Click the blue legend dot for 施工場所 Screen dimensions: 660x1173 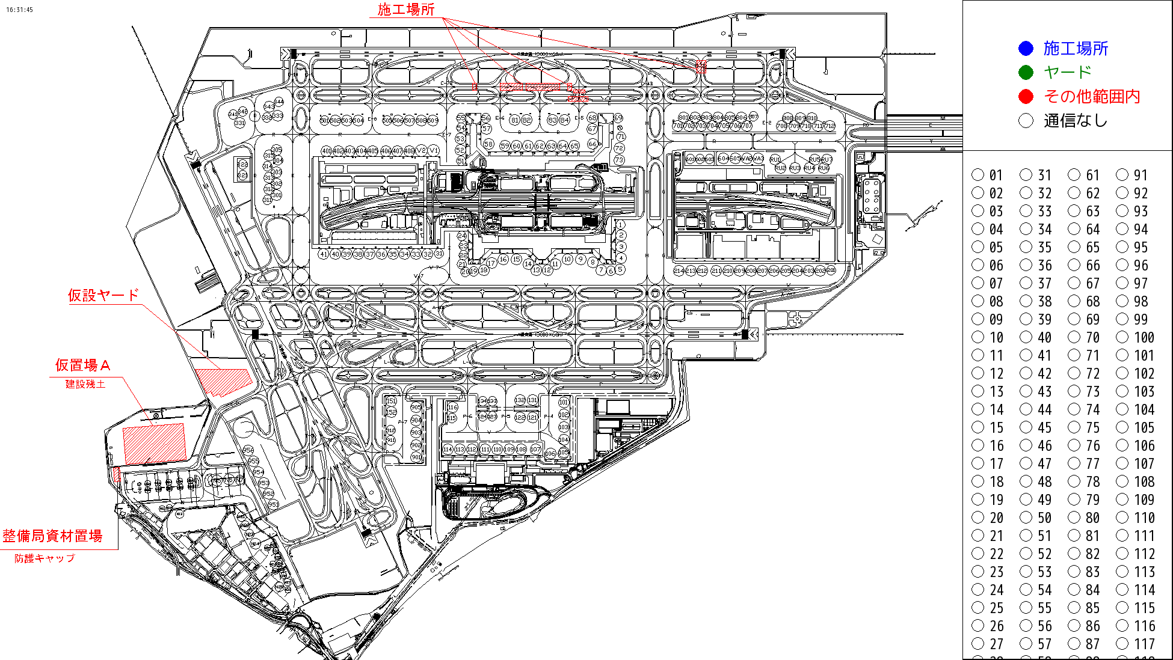[1026, 49]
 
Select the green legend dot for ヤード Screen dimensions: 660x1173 [1026, 73]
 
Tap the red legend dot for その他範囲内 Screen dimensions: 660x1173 [1026, 97]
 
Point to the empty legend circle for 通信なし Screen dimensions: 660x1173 [1026, 121]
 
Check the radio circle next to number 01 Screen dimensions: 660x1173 [978, 175]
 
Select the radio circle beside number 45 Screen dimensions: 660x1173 [1026, 427]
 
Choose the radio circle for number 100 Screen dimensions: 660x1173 [1122, 337]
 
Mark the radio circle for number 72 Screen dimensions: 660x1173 [1074, 373]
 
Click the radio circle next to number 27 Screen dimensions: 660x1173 [978, 644]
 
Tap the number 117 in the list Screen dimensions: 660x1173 [1144, 644]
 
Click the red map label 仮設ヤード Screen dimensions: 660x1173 [103, 295]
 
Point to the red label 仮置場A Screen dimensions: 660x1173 [82, 365]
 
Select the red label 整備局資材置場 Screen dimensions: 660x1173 [52, 536]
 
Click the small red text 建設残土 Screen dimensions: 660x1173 [85, 383]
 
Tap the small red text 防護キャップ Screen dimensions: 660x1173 [45, 558]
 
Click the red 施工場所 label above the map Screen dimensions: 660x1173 [405, 10]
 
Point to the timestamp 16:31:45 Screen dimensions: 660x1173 [20, 10]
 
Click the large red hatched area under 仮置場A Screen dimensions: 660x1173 [154, 444]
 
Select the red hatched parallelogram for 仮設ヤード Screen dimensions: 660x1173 [223, 382]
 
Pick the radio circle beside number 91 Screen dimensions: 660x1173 [1122, 175]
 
